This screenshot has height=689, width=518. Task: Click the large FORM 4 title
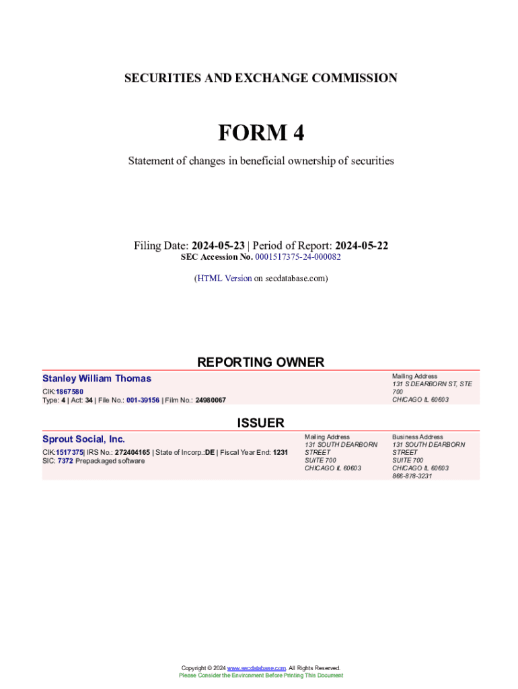pos(260,133)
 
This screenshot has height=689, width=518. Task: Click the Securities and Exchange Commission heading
pos(260,78)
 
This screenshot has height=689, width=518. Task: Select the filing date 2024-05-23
pos(217,246)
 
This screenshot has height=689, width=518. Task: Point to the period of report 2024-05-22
pos(361,246)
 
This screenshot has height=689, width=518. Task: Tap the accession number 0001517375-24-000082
pos(297,257)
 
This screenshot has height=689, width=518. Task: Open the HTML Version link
pos(224,278)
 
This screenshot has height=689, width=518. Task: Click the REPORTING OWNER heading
pos(260,362)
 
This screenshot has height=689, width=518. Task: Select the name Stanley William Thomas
pos(97,379)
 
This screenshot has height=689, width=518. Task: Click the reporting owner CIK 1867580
pos(69,392)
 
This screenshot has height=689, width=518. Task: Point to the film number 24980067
pos(211,400)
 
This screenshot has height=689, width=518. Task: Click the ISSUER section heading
pos(260,423)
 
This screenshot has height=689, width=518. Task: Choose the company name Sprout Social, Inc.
pos(83,439)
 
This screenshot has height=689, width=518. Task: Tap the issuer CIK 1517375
pos(69,452)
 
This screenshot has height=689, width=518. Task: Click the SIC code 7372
pos(65,461)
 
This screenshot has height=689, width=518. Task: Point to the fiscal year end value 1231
pos(280,452)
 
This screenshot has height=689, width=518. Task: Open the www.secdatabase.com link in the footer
pos(256,668)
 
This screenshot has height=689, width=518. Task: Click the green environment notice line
pos(260,676)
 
